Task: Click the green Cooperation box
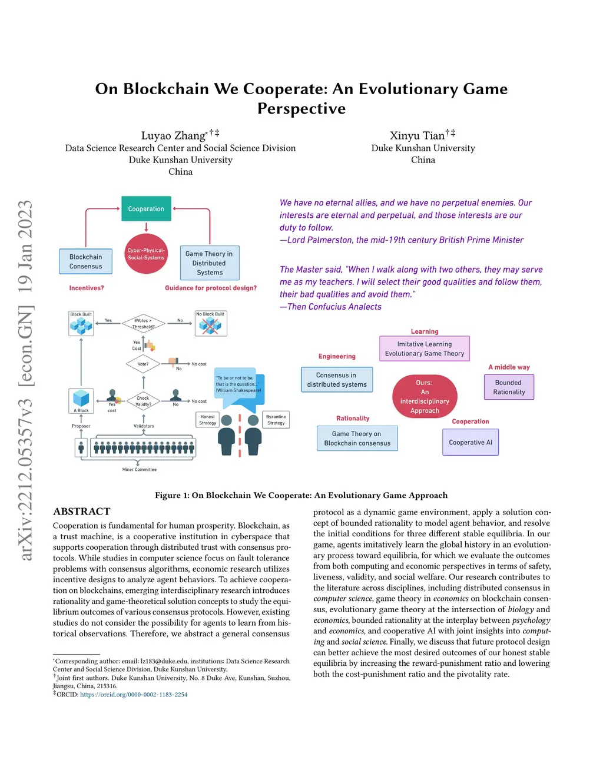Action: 146,209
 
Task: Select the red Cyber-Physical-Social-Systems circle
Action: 146,254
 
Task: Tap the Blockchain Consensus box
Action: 86,261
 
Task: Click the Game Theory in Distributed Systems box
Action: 210,263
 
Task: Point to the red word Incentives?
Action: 87,288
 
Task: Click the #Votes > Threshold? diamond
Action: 143,323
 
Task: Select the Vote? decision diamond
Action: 143,364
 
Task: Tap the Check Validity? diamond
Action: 143,401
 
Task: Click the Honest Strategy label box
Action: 207,420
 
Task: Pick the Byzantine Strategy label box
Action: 276,420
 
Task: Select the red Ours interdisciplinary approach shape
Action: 425,396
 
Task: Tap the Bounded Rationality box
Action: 509,387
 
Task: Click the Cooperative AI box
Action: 471,442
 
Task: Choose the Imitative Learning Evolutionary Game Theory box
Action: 425,348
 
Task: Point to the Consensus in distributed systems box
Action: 337,380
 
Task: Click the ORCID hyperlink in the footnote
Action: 134,695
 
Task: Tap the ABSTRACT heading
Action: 82,512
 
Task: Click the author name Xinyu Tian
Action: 417,136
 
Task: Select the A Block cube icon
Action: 81,399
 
